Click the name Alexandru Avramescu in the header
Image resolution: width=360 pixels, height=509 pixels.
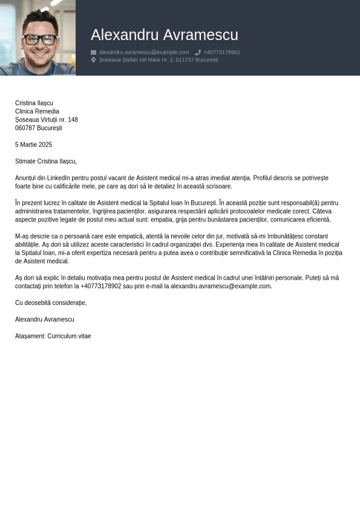(x=164, y=35)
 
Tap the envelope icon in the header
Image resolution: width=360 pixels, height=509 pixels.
(x=93, y=53)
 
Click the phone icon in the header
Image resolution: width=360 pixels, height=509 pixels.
(x=198, y=53)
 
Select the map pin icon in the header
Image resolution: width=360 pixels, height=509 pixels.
(x=93, y=60)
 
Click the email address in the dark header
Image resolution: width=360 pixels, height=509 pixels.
(x=144, y=53)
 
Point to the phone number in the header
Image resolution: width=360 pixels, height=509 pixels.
(x=221, y=53)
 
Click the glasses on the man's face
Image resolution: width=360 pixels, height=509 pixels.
(x=40, y=39)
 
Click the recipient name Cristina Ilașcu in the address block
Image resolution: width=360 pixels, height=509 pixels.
(x=34, y=103)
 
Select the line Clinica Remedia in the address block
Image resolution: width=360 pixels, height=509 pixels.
(x=37, y=111)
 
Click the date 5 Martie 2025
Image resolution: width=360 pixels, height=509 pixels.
(x=33, y=145)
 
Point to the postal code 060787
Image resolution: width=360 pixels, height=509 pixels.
(x=25, y=128)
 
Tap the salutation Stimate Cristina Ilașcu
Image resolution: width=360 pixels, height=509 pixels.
(x=46, y=162)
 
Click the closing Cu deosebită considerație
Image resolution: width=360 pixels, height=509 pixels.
(x=51, y=303)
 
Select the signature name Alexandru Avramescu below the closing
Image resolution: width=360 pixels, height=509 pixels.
(x=45, y=320)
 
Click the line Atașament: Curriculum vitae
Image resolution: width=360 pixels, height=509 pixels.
(x=53, y=336)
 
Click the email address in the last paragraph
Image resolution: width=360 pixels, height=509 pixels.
(x=220, y=286)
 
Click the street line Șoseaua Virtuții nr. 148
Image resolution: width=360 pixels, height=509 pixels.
(x=47, y=120)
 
